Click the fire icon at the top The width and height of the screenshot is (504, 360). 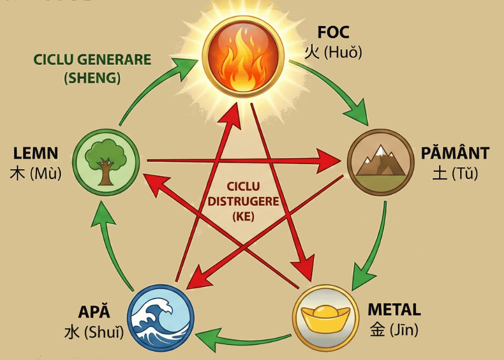[x=243, y=56]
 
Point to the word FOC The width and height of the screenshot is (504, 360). [x=333, y=32]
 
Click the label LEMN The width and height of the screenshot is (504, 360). [x=35, y=154]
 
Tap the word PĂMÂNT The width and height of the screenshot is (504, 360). [x=456, y=154]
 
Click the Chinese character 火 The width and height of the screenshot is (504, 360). [x=312, y=53]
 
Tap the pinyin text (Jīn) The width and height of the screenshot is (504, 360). [x=400, y=330]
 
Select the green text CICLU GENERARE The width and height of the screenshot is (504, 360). [x=92, y=60]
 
